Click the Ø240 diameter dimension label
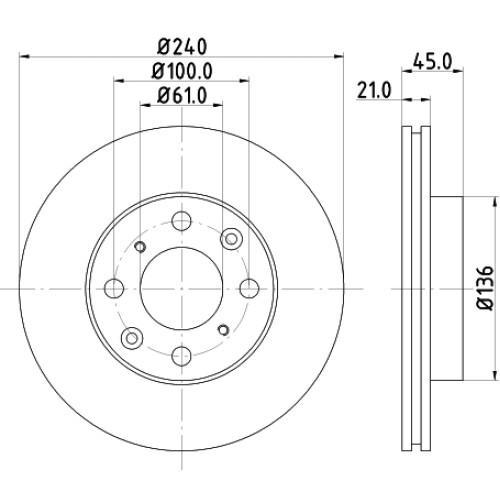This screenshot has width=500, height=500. [182, 47]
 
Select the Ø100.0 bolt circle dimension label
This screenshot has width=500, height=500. [182, 71]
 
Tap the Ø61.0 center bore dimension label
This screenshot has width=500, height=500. [182, 95]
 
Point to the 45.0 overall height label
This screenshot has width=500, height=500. [432, 61]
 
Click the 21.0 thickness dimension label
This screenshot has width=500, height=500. [373, 90]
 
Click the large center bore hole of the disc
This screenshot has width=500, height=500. [182, 288]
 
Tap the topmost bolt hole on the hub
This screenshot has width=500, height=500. [182, 220]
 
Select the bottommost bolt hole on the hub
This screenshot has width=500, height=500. [182, 356]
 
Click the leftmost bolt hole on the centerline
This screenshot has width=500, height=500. [114, 288]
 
